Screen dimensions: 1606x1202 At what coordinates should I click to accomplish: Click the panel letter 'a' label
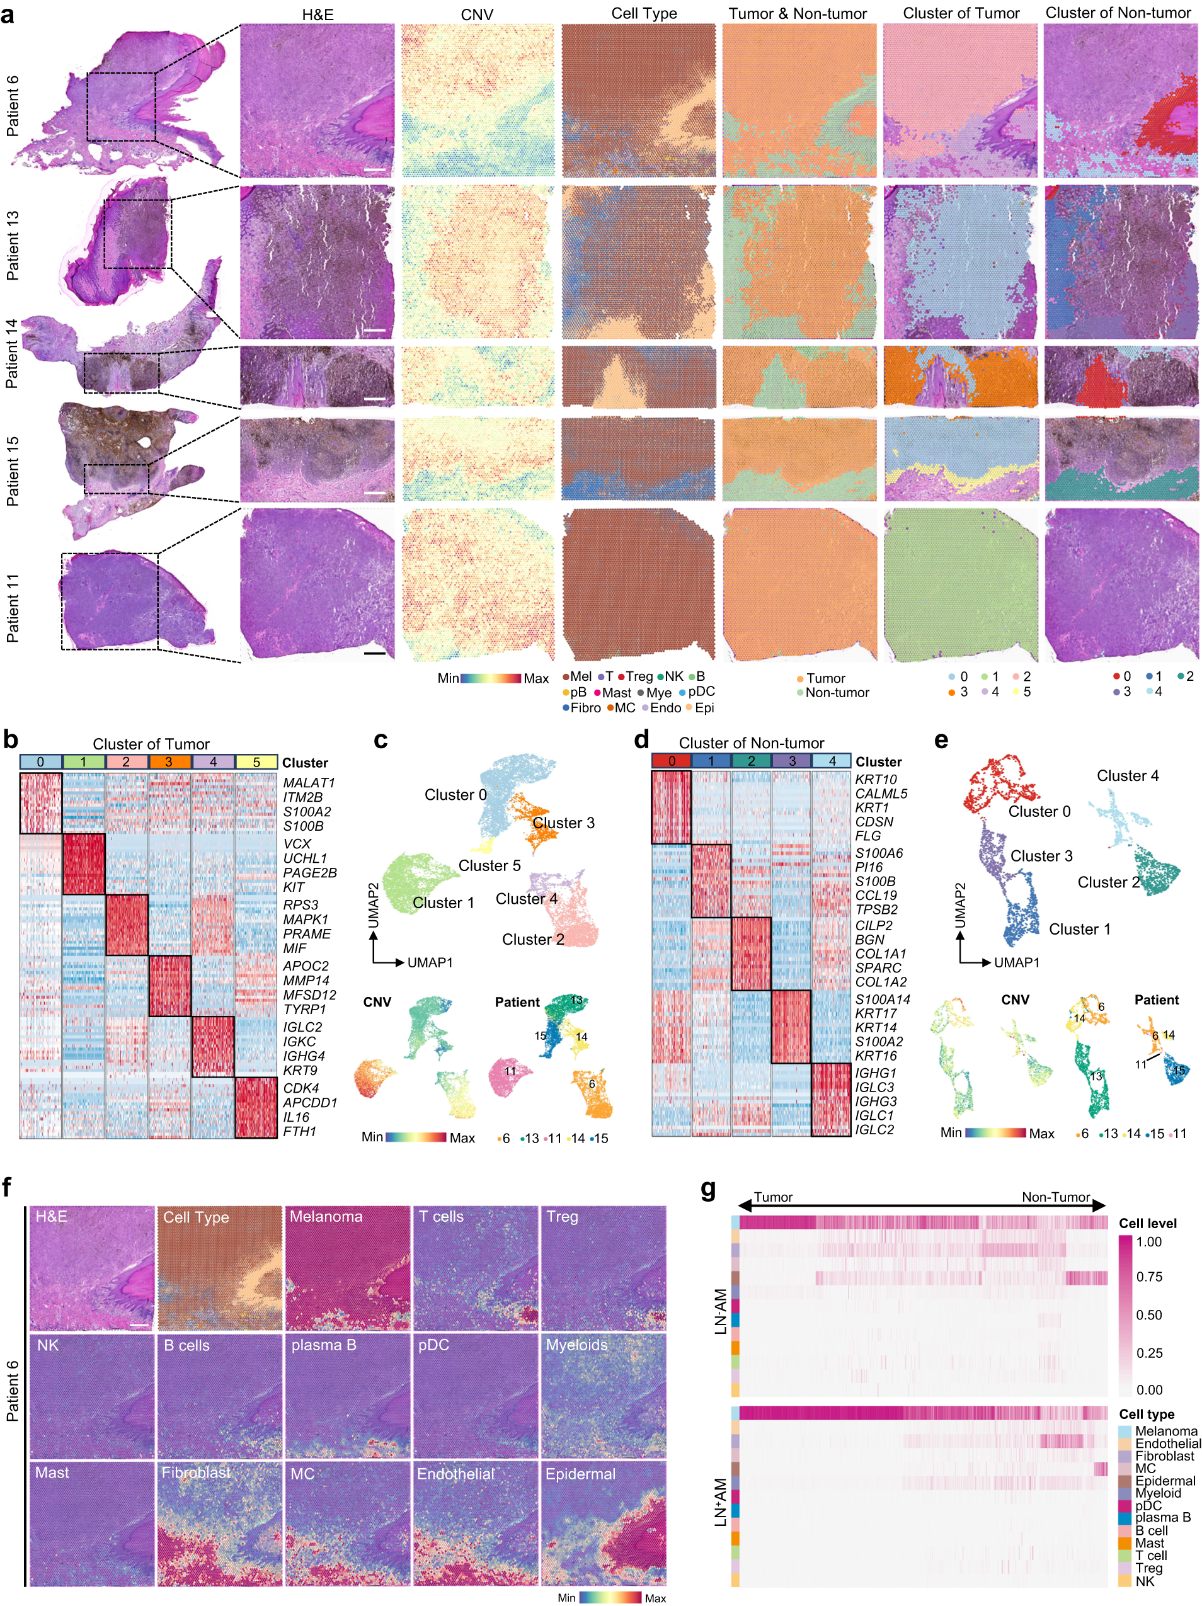point(9,14)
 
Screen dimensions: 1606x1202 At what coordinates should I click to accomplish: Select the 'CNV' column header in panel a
point(477,14)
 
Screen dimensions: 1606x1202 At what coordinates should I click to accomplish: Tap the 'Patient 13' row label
point(13,246)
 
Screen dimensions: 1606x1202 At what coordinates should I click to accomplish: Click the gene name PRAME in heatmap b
point(307,934)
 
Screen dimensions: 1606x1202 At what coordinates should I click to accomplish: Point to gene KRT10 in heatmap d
point(875,779)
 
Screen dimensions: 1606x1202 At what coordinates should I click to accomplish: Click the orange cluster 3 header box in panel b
point(170,762)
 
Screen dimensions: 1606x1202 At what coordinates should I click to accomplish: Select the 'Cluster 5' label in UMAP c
point(489,865)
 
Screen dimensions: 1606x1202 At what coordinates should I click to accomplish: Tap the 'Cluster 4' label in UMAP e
point(1126,775)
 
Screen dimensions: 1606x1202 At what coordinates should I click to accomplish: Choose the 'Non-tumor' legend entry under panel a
point(837,693)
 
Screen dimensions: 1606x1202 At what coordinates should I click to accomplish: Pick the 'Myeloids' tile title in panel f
point(576,1345)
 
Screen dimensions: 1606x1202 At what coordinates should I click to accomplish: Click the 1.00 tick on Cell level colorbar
point(1148,1241)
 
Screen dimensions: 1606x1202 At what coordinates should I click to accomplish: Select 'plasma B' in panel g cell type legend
point(1162,1517)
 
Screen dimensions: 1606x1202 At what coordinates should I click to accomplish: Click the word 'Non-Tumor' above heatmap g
point(1055,1197)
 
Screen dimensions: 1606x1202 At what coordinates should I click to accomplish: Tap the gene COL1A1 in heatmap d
point(880,954)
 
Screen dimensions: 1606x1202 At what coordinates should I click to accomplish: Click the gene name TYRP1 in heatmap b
point(304,1009)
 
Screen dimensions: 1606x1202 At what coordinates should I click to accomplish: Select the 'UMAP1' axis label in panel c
point(429,963)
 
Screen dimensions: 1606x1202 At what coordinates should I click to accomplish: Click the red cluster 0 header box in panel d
point(671,761)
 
